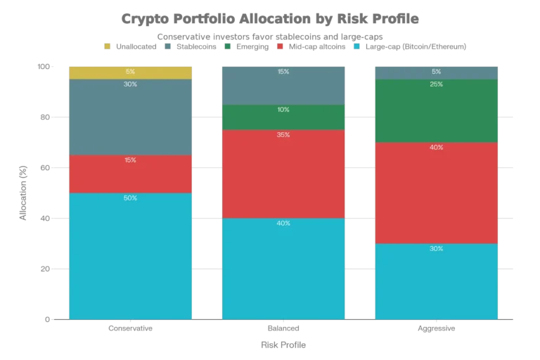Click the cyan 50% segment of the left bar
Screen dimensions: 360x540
(x=130, y=256)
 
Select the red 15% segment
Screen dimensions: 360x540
(x=130, y=174)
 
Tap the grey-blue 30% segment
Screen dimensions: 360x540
(x=130, y=117)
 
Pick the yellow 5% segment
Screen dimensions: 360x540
(x=130, y=72)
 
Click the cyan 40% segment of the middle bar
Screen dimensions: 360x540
(x=283, y=269)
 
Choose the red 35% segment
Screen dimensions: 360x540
(x=283, y=174)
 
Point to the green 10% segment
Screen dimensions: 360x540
(x=283, y=117)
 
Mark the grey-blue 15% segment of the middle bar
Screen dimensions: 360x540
(x=283, y=85)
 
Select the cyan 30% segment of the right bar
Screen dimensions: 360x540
(x=437, y=281)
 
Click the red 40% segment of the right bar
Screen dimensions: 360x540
(x=437, y=193)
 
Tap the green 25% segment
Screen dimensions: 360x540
(x=437, y=110)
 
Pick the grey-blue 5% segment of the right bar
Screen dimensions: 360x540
(x=437, y=72)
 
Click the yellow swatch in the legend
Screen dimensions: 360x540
(x=108, y=46)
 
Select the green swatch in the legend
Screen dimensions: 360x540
(x=228, y=46)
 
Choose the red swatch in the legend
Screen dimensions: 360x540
(x=281, y=46)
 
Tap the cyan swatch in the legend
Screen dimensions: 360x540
(x=356, y=46)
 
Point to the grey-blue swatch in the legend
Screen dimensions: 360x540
(x=169, y=46)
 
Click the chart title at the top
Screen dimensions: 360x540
(x=269, y=19)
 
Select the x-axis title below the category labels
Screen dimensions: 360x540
(x=283, y=344)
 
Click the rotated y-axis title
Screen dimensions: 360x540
(x=22, y=192)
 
